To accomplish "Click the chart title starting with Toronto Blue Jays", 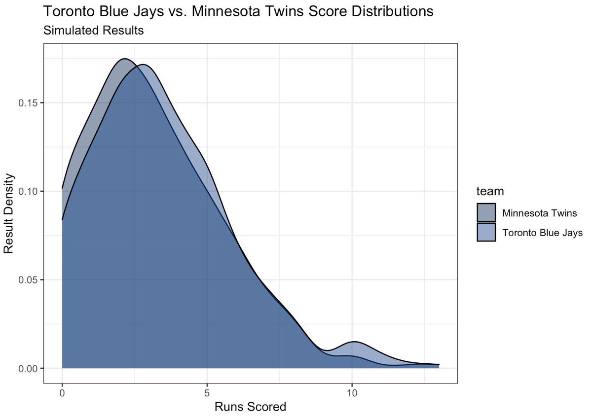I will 238,11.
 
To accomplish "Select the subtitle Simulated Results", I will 94,31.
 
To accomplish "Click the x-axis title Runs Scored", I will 250,407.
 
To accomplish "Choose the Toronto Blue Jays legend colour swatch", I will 486,232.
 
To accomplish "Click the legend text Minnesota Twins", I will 536,213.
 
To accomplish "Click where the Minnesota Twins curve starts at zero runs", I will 62,188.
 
